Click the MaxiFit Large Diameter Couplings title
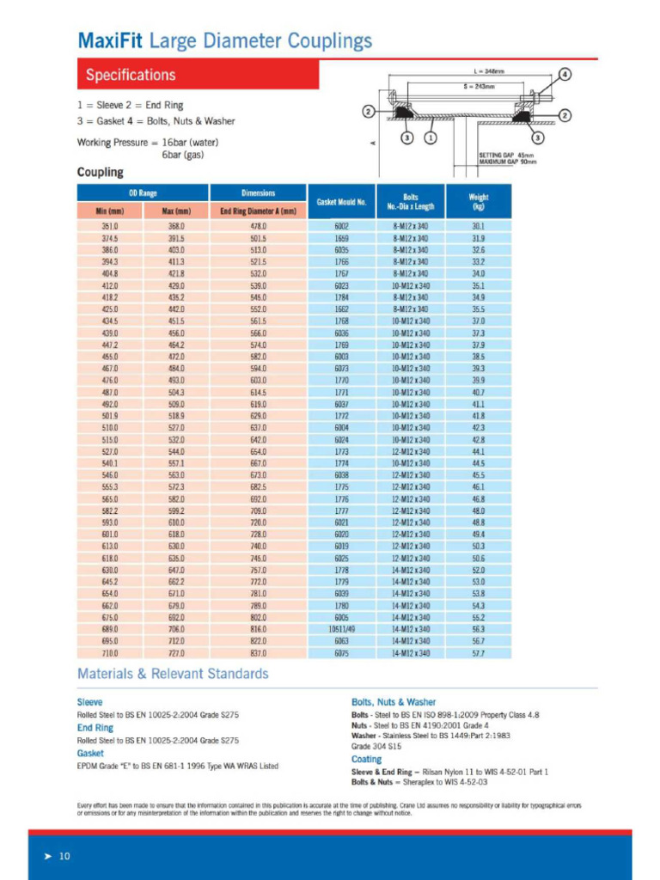(x=224, y=40)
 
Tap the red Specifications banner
(x=198, y=75)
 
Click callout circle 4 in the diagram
(x=565, y=74)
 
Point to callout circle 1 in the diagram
(x=431, y=137)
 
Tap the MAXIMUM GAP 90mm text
(x=506, y=161)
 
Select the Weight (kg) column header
(x=479, y=202)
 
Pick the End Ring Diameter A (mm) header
(x=258, y=211)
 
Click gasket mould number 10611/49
(x=341, y=629)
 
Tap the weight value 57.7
(x=479, y=653)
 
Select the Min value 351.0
(x=110, y=226)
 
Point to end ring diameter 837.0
(x=258, y=653)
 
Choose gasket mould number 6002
(x=341, y=226)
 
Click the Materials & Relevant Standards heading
(x=173, y=674)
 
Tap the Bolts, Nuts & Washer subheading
(x=394, y=702)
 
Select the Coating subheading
(x=367, y=759)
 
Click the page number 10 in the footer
(x=64, y=856)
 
